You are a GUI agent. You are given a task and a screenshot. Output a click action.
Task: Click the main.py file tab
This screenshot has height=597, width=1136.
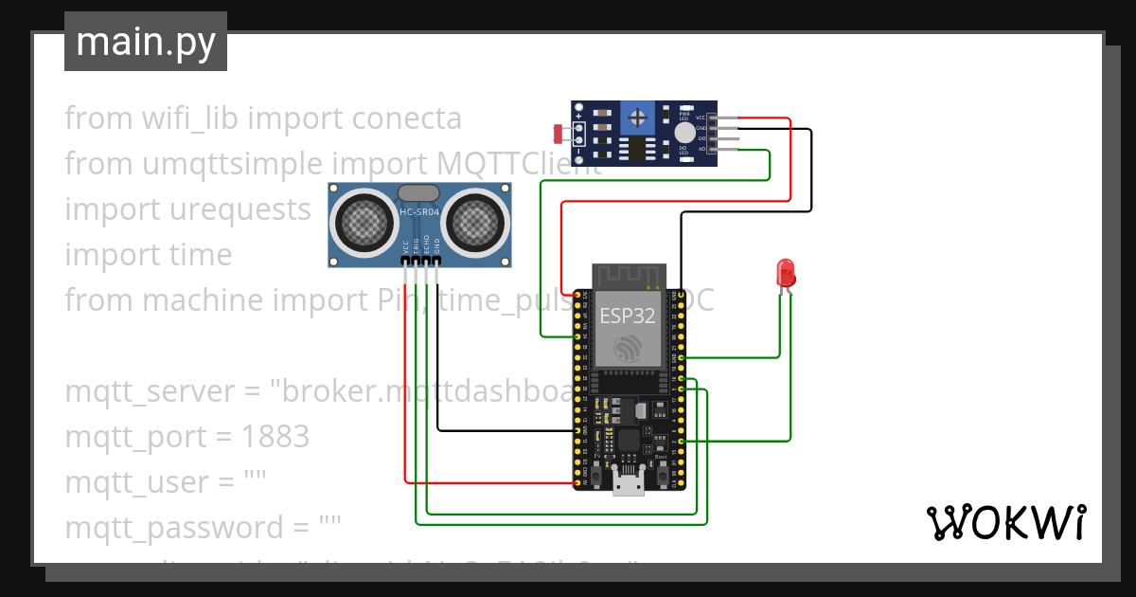(145, 42)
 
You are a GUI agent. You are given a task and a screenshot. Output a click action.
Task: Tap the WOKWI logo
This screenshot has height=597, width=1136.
(1005, 522)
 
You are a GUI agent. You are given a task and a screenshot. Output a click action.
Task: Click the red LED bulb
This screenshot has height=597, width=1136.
(785, 273)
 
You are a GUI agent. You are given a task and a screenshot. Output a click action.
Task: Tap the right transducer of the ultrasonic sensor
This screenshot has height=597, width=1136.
(476, 224)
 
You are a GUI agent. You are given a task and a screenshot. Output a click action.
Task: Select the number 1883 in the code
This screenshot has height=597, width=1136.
(275, 437)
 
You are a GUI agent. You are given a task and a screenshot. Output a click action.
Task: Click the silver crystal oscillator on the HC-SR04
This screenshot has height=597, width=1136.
(419, 192)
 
